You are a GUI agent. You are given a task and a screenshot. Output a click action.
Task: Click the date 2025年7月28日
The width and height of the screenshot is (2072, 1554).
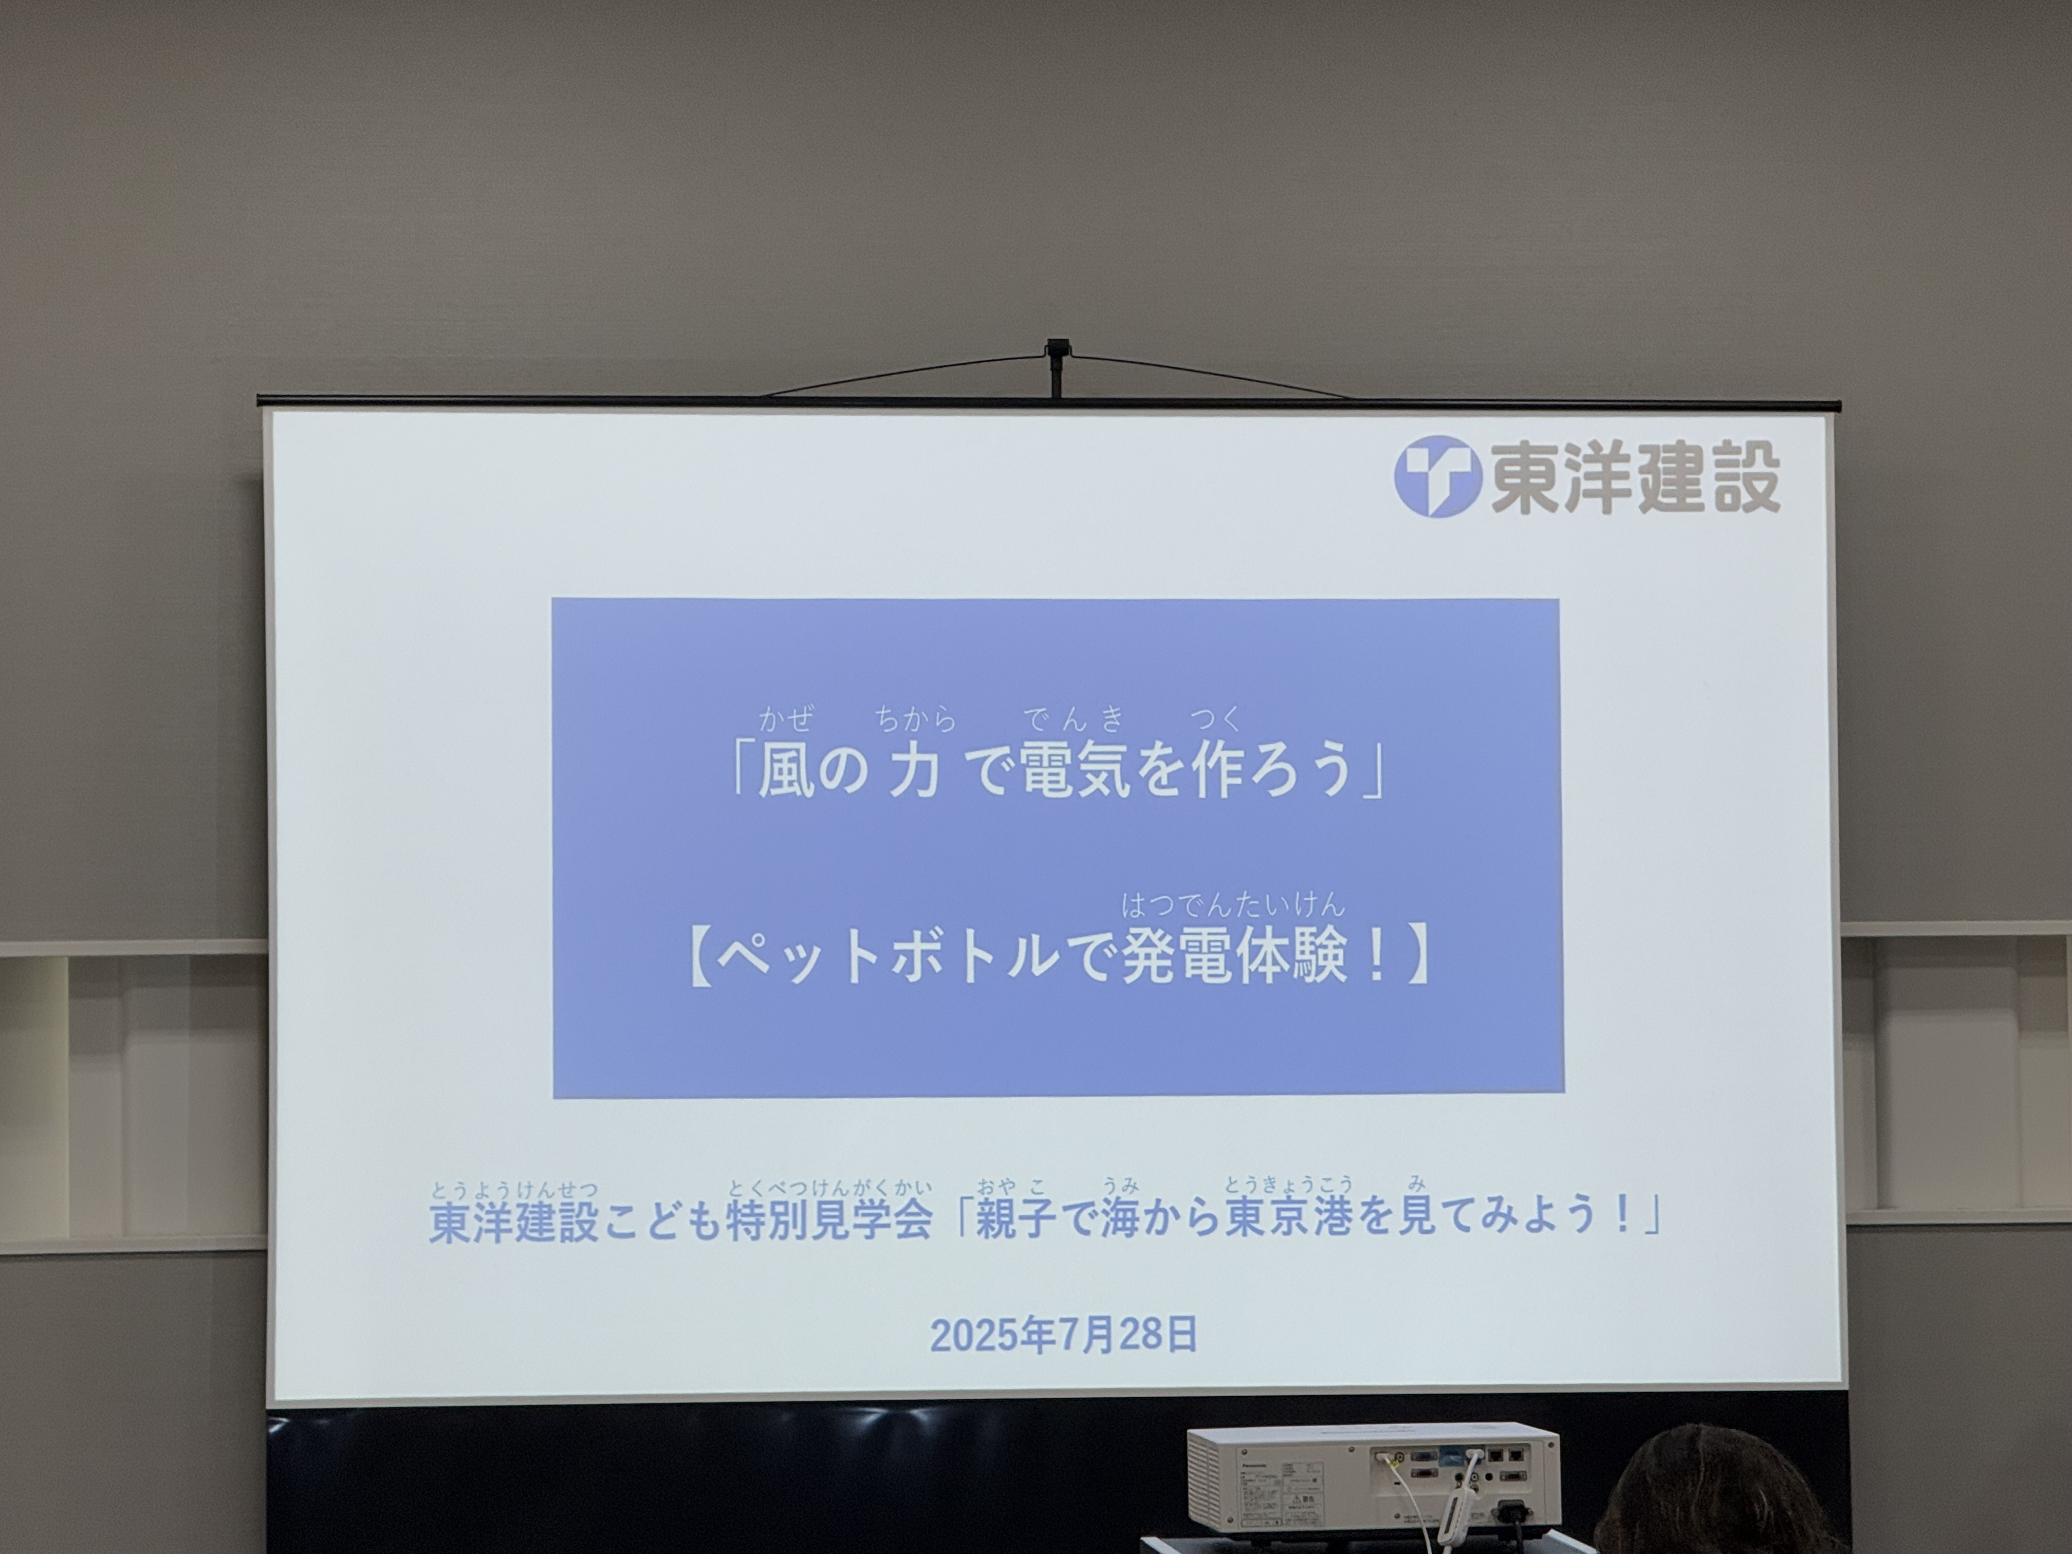1063,1335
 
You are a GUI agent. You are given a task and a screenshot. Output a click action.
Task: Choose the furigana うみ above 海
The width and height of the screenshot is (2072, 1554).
1120,1187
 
